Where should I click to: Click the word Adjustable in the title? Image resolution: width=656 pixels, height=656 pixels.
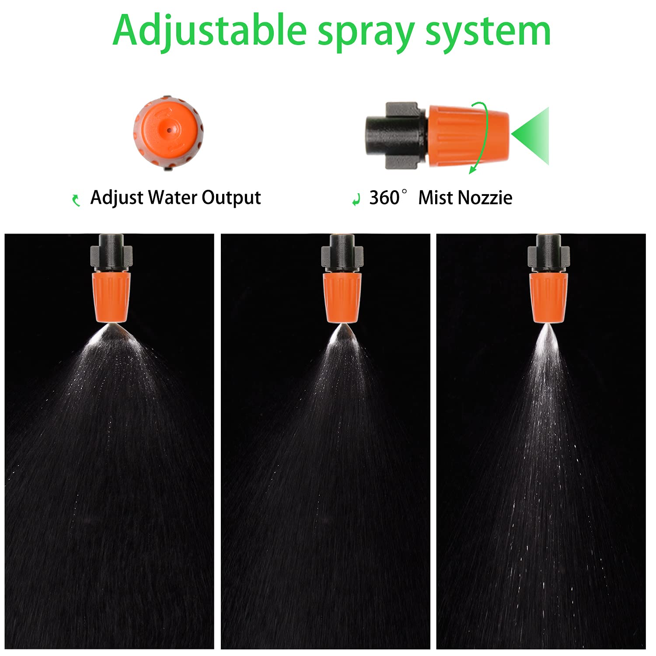pyautogui.click(x=210, y=31)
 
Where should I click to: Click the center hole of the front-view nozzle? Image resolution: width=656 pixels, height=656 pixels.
pyautogui.click(x=169, y=130)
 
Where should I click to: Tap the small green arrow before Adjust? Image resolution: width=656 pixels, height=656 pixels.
pyautogui.click(x=77, y=200)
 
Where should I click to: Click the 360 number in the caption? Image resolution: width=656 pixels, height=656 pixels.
pyautogui.click(x=384, y=198)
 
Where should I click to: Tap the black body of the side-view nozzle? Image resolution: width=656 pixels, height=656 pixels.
pyautogui.click(x=397, y=135)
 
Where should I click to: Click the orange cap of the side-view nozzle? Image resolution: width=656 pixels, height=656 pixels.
pyautogui.click(x=468, y=135)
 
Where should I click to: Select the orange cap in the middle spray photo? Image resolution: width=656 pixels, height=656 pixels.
pyautogui.click(x=342, y=298)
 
